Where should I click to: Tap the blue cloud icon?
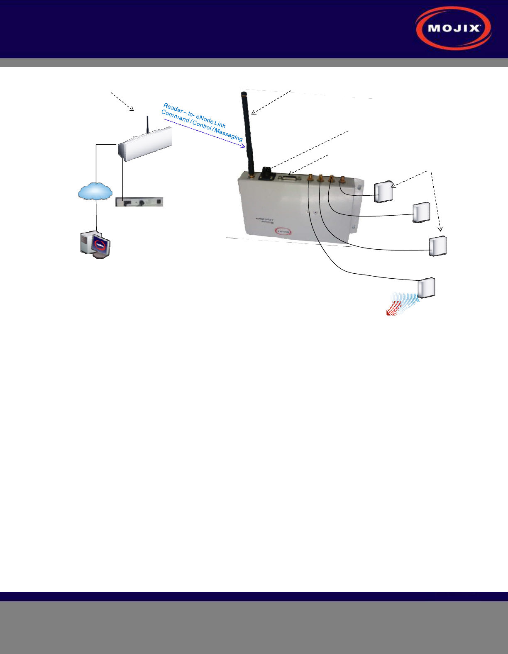point(95,192)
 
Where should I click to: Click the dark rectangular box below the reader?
point(139,202)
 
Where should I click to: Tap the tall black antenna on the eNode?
point(248,133)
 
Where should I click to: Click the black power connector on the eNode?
point(266,173)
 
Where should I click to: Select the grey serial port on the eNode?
point(289,178)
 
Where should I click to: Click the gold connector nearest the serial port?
point(310,179)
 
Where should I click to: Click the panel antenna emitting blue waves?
point(426,287)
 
